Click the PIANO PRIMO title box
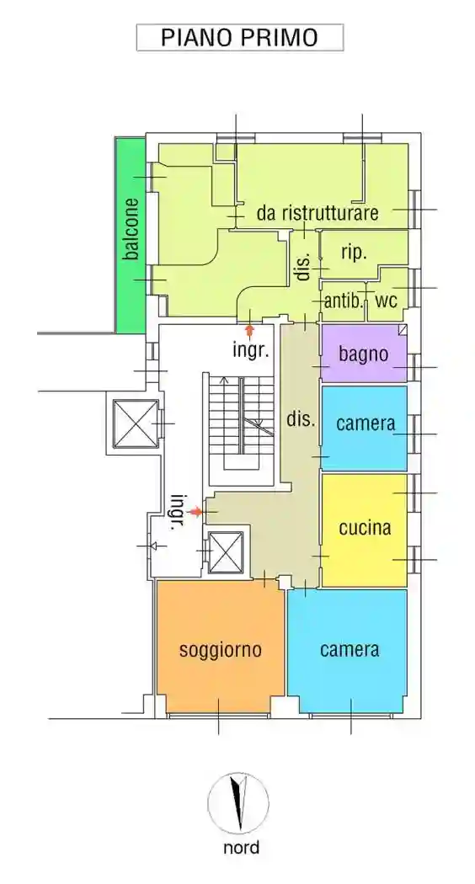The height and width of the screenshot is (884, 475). (x=240, y=38)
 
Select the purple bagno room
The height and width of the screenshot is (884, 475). (x=364, y=354)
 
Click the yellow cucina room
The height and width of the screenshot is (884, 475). (x=365, y=529)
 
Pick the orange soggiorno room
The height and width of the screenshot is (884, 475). (x=220, y=649)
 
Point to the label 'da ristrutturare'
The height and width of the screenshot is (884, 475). (x=318, y=213)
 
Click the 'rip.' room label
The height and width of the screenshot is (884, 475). (x=354, y=252)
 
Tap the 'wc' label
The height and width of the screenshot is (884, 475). (x=386, y=301)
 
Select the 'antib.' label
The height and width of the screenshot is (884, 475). (x=343, y=301)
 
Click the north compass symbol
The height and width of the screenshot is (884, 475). (x=238, y=803)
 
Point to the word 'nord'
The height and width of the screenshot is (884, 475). (x=241, y=848)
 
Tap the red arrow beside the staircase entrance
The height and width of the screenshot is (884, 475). (x=196, y=511)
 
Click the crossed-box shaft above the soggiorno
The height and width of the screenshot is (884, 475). (x=225, y=553)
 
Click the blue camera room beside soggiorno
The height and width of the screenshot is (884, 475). (x=349, y=650)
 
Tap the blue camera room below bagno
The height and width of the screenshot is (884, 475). (x=365, y=423)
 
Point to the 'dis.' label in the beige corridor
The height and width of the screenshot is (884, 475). (x=301, y=418)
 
